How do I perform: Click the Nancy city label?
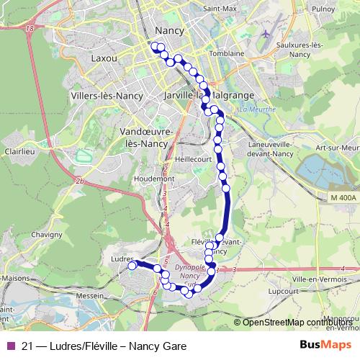[168, 31]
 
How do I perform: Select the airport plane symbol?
[266, 34]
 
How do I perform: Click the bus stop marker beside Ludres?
[132, 266]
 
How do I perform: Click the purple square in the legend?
[11, 346]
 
